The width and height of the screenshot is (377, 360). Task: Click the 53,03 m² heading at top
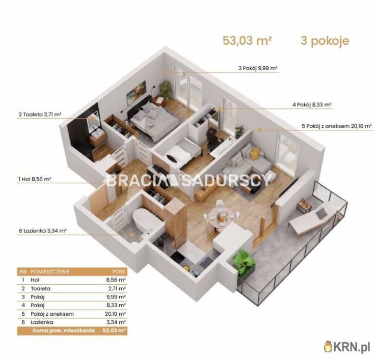[247, 41]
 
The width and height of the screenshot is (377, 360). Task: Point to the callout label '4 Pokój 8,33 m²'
[312, 105]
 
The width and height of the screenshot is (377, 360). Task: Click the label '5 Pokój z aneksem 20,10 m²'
[337, 126]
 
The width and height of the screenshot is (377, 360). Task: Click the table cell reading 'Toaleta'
[41, 288]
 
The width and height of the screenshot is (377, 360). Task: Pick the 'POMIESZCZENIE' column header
[50, 271]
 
